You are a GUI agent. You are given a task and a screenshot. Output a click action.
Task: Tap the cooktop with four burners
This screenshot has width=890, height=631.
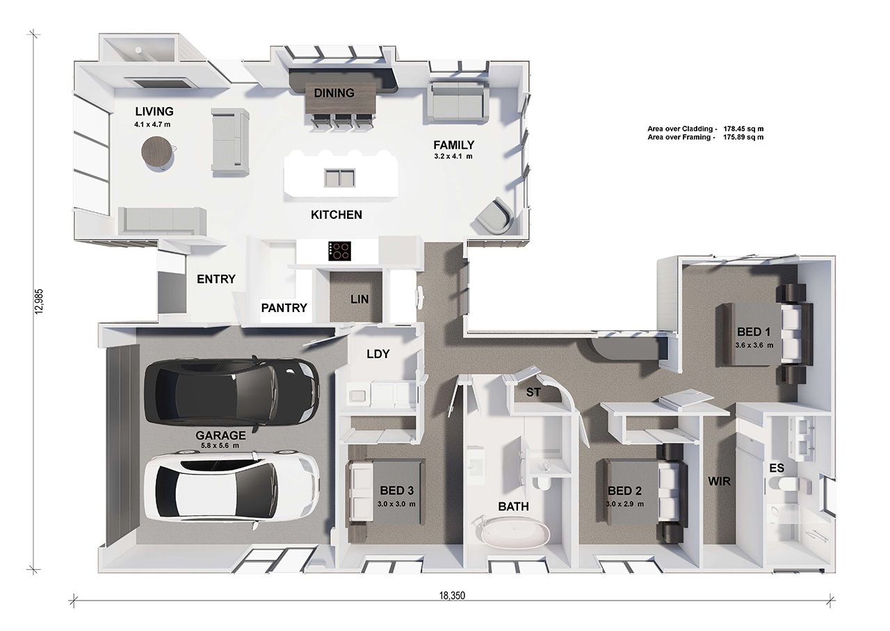pos(340,252)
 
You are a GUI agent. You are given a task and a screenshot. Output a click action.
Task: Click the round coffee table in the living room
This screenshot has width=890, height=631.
pos(157,154)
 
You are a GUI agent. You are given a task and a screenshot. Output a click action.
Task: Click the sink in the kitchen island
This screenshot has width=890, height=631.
pos(339,177)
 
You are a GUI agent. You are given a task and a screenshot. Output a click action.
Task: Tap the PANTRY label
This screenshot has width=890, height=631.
pos(284,308)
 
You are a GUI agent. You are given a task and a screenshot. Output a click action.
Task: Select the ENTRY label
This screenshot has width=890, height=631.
pos(216,279)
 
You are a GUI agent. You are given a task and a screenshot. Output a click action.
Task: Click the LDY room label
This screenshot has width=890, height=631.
pos(378,354)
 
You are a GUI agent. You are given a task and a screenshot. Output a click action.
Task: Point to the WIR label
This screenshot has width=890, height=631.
pos(719,482)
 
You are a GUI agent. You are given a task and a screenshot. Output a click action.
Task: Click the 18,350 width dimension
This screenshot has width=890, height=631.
pos(452,596)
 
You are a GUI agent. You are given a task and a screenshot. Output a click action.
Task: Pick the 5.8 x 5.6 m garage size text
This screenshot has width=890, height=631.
pos(220,445)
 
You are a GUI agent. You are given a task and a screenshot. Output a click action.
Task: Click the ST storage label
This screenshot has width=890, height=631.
pos(533,393)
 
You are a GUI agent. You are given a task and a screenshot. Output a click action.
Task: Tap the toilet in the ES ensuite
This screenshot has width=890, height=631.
pos(784,484)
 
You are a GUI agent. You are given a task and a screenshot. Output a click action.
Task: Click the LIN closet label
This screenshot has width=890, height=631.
pos(359,300)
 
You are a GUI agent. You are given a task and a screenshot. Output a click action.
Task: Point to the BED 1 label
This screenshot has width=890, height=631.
pos(754,331)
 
